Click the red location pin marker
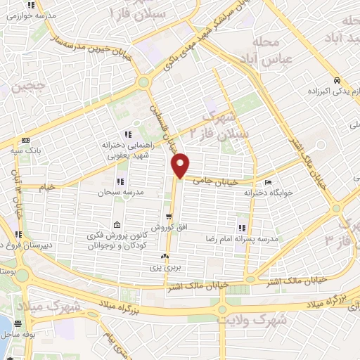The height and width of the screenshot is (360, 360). coord(181,164)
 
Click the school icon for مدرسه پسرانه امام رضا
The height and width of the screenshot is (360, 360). coord(242,228)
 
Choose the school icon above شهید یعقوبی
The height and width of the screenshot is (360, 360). coord(127,134)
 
